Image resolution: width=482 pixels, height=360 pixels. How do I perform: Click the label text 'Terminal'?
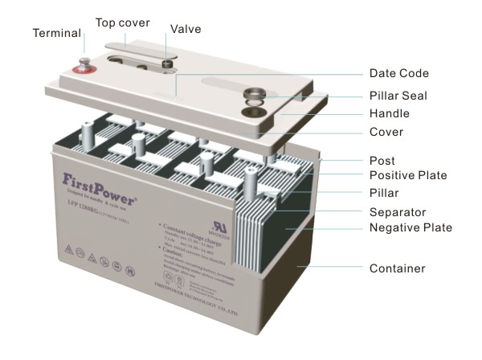[57, 34]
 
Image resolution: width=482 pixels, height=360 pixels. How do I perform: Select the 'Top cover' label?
[123, 22]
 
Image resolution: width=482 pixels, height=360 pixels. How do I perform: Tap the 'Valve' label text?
[186, 29]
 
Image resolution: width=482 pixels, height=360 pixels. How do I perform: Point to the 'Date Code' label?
[399, 73]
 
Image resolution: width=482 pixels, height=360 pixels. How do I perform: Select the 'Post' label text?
[382, 161]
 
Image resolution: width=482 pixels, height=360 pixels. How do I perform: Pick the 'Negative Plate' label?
[411, 228]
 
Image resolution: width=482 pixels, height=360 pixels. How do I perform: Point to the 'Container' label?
[396, 268]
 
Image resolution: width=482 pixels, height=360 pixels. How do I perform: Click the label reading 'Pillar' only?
[384, 194]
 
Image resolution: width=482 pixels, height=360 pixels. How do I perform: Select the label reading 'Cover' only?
[386, 131]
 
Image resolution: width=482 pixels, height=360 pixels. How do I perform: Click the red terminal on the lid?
[84, 67]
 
